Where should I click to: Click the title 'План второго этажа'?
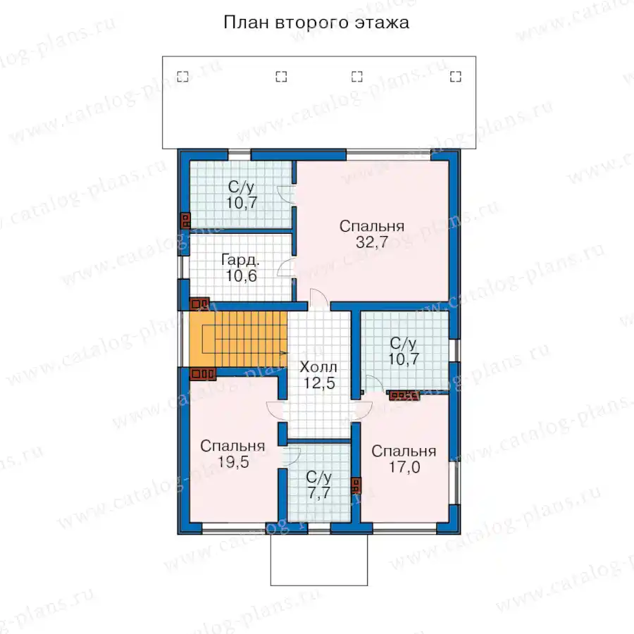[x=316, y=23]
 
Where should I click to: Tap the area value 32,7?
[x=372, y=242]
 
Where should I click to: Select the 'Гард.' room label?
[x=241, y=260]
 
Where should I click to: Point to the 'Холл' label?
[x=318, y=367]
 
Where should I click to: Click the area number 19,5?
[x=233, y=461]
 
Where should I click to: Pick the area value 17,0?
[x=404, y=467]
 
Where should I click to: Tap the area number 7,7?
[x=319, y=493]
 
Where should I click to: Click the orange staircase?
[x=238, y=339]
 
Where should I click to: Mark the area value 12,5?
[x=319, y=383]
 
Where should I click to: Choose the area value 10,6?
[x=242, y=275]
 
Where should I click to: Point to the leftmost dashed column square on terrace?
[x=182, y=76]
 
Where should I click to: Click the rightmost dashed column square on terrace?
[x=456, y=76]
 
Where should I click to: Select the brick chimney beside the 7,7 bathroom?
[x=356, y=485]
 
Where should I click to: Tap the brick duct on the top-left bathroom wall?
[x=185, y=220]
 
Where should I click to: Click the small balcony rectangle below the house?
[x=319, y=559]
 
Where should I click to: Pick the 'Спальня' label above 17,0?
[x=404, y=452]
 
